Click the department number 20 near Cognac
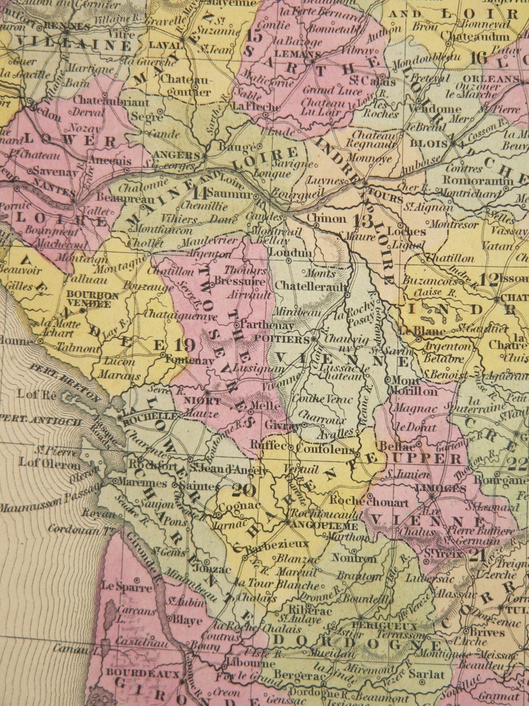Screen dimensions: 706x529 pyautogui.click(x=244, y=491)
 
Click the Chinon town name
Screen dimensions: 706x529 pyautogui.click(x=326, y=218)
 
